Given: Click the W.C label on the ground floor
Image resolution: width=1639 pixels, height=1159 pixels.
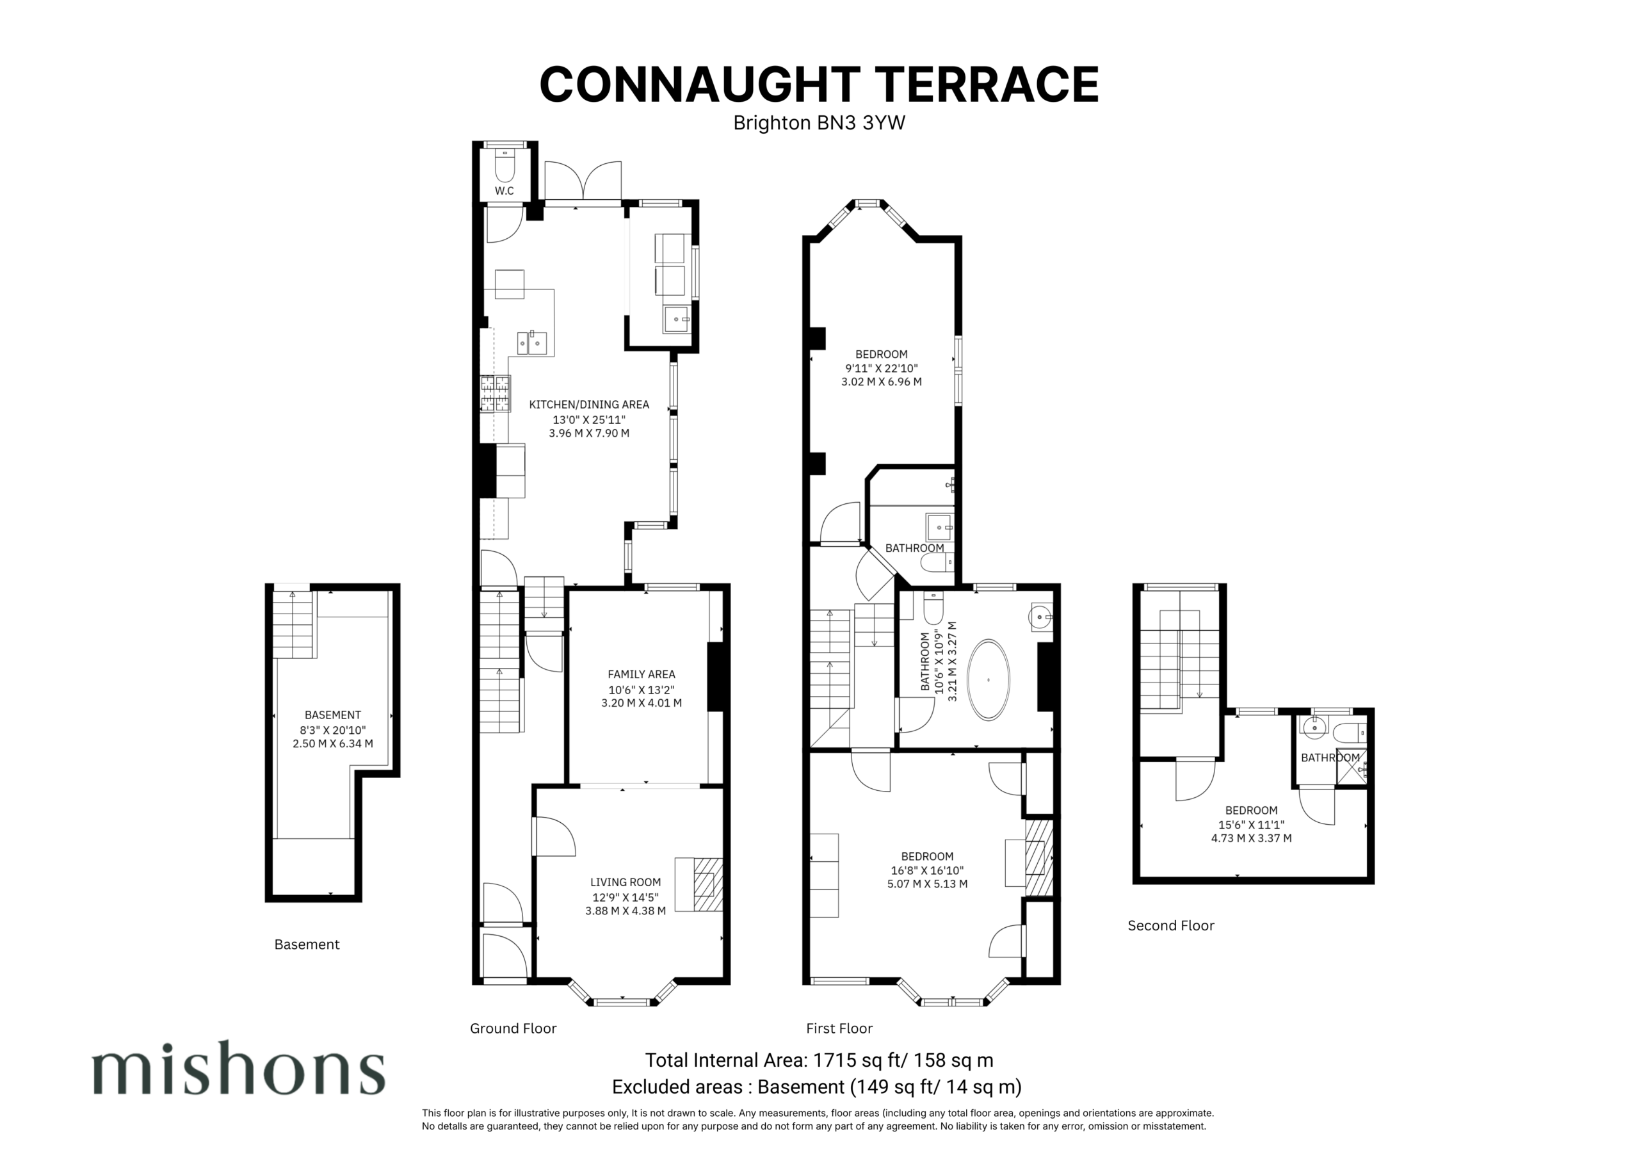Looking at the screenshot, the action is [x=504, y=191].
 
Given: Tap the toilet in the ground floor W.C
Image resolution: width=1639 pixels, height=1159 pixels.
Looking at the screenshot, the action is [x=505, y=165].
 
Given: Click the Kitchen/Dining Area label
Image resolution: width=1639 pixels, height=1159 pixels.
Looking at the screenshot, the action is [x=589, y=404].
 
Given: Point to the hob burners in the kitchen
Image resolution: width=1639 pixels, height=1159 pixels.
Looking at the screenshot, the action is [x=496, y=394].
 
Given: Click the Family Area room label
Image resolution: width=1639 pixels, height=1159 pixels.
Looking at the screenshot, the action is [x=641, y=674].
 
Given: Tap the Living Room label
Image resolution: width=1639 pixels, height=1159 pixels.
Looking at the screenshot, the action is [x=626, y=882].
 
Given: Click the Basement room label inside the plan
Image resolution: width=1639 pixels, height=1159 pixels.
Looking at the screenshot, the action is [x=333, y=715].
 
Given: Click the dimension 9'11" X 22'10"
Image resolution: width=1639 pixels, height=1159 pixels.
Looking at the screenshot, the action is [x=882, y=368].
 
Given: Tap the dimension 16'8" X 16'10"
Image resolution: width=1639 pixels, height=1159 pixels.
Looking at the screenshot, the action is [x=927, y=870].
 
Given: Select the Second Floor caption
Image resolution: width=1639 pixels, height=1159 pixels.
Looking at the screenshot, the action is [x=1171, y=925].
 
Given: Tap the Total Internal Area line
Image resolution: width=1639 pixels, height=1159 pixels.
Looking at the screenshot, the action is [x=819, y=1060].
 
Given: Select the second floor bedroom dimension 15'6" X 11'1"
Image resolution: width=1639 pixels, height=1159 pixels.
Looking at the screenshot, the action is [x=1250, y=824].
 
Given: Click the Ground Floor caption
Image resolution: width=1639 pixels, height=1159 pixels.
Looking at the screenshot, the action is [x=513, y=1028].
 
